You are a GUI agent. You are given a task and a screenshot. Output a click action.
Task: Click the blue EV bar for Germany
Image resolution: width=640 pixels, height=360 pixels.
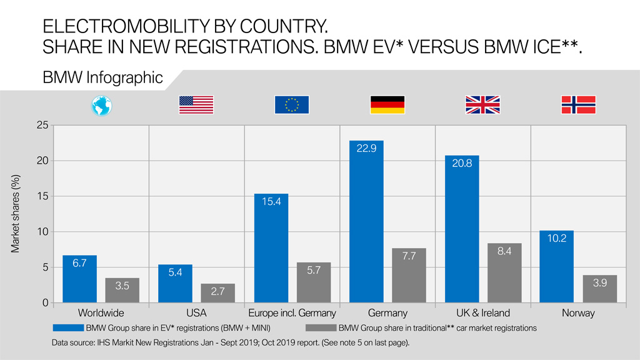click(x=366, y=222)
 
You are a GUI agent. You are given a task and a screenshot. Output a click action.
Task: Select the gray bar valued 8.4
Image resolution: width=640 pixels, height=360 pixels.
click(x=504, y=273)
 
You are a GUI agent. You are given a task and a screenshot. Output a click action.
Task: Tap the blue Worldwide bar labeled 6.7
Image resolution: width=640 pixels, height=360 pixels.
click(x=79, y=279)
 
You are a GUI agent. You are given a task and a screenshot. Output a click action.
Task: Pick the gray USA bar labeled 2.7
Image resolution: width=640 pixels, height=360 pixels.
click(x=217, y=293)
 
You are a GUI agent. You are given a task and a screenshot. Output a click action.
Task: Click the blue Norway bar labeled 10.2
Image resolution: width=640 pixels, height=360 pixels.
click(x=557, y=267)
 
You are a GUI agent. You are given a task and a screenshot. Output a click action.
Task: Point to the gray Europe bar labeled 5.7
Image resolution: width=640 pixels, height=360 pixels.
click(x=314, y=282)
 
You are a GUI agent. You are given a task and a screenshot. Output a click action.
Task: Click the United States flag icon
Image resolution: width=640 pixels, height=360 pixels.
click(x=196, y=105)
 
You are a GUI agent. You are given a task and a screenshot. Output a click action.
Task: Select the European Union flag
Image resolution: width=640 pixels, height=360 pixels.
click(x=292, y=105)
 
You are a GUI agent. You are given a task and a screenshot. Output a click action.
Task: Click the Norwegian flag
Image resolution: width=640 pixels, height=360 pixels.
click(x=578, y=105)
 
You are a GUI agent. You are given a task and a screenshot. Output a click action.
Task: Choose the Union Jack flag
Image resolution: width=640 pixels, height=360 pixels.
click(x=482, y=105)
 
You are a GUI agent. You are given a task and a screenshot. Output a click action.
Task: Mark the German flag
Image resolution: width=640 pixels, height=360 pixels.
click(x=387, y=105)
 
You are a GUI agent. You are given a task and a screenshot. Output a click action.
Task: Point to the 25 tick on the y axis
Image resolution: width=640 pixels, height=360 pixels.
click(x=42, y=126)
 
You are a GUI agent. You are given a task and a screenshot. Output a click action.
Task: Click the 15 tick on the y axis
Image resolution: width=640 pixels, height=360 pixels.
click(x=42, y=196)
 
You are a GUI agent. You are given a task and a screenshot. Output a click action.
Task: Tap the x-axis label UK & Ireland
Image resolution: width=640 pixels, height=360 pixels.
click(x=482, y=313)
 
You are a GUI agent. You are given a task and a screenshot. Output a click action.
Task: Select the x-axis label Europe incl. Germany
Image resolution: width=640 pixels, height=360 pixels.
click(x=292, y=313)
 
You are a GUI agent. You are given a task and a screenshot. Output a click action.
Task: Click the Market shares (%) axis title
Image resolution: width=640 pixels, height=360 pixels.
click(x=15, y=214)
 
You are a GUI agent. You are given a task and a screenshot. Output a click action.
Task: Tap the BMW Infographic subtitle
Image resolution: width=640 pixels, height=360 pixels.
click(x=103, y=78)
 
